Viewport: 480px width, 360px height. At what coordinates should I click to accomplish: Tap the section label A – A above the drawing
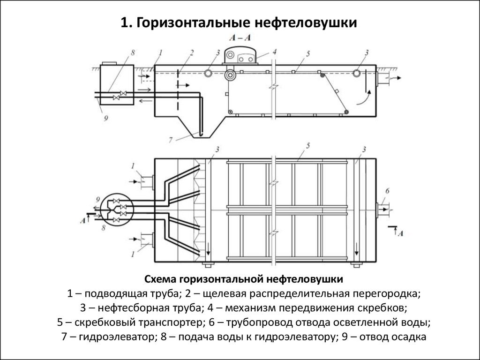pos(240,37)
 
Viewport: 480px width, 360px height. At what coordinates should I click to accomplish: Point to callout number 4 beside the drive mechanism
pos(275,51)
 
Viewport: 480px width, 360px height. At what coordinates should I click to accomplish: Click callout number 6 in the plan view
pos(387,190)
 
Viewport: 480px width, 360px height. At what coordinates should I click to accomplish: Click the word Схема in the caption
pos(160,280)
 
